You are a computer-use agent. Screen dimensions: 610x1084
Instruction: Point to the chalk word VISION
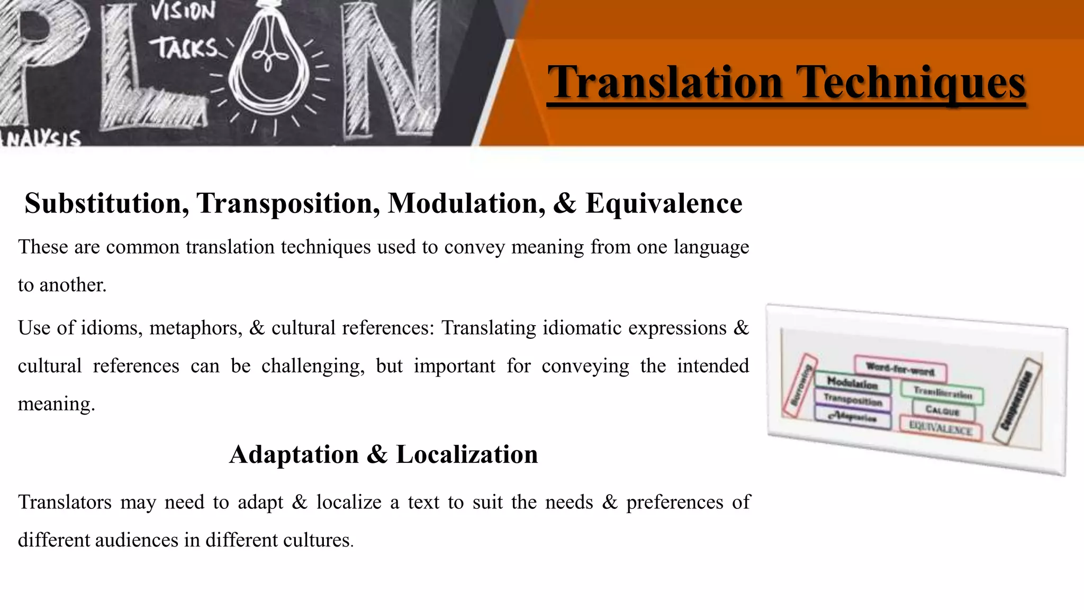pyautogui.click(x=183, y=12)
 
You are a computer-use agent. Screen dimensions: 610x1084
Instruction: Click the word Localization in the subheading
pyautogui.click(x=466, y=454)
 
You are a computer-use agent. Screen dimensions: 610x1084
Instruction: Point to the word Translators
pyautogui.click(x=65, y=502)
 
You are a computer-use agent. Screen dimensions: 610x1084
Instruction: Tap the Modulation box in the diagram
pyautogui.click(x=852, y=382)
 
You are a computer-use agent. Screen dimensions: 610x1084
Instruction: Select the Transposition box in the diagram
pyautogui.click(x=853, y=400)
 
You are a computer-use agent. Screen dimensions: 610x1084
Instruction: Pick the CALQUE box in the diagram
pyautogui.click(x=943, y=410)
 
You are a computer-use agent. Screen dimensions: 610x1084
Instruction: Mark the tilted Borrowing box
pyautogui.click(x=800, y=385)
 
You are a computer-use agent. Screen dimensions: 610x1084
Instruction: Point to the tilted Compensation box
pyautogui.click(x=1017, y=401)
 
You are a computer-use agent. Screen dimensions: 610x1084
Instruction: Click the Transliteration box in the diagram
pyautogui.click(x=943, y=393)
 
